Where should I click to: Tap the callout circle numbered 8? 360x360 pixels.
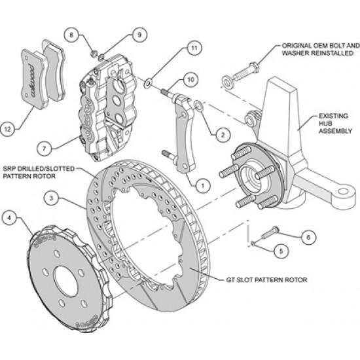[x=73, y=34]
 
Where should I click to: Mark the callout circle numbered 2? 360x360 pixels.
[x=222, y=135]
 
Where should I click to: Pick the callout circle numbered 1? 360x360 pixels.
[x=202, y=186]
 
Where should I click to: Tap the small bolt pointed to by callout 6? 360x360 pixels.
[x=268, y=231]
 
